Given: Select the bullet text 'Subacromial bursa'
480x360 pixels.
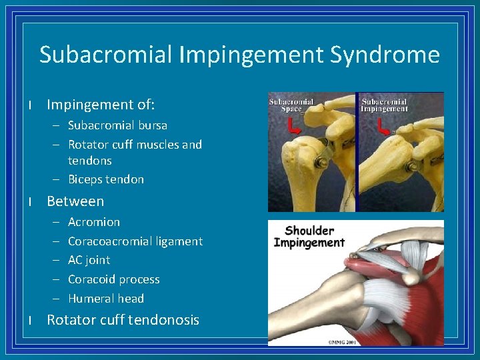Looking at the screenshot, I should pyautogui.click(x=117, y=125).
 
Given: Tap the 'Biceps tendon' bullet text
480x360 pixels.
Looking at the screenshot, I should pyautogui.click(x=105, y=179).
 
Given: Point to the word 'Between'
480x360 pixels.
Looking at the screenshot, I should pyautogui.click(x=75, y=201).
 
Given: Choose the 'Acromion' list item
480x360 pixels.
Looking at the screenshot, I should pyautogui.click(x=94, y=222).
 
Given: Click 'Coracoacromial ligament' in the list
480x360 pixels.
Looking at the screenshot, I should pyautogui.click(x=135, y=241).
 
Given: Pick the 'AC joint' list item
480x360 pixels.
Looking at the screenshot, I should pyautogui.click(x=89, y=260).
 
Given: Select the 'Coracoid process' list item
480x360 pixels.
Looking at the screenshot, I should pyautogui.click(x=113, y=279).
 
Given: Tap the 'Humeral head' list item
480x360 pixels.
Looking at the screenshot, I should pyautogui.click(x=105, y=299).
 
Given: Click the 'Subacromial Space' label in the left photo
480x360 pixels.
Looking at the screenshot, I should pyautogui.click(x=292, y=105).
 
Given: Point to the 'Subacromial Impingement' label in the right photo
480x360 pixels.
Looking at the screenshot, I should pyautogui.click(x=384, y=105).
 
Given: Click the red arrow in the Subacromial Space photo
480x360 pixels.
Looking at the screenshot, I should pyautogui.click(x=293, y=126).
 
